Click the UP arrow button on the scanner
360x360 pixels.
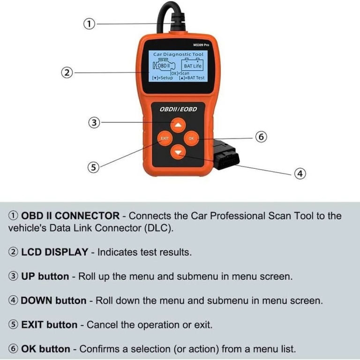178,125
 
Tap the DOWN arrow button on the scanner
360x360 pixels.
178,152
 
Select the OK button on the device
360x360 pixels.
191,138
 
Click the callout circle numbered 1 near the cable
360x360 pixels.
89,24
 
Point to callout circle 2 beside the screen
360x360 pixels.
67,73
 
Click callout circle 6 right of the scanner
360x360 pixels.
261,137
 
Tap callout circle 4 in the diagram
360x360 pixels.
300,173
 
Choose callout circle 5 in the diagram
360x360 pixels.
93,167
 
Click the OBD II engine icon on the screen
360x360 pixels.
164,65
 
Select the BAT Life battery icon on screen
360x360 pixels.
192,65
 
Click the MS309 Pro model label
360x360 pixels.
201,45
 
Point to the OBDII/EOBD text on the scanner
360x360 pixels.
178,109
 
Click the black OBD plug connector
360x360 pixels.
226,155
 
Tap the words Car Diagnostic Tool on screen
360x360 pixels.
178,54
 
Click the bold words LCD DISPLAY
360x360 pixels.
55,252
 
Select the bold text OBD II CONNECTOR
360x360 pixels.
70,216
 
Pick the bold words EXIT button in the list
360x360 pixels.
49,325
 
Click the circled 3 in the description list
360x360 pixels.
13,276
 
